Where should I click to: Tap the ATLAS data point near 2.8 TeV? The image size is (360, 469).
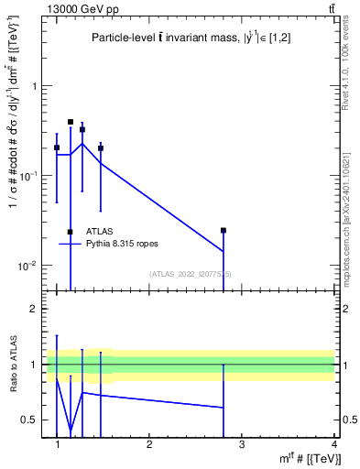pyautogui.click(x=224, y=231)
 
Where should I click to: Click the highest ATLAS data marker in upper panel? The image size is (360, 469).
pyautogui.click(x=71, y=122)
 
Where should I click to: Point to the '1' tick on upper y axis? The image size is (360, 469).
pyautogui.click(x=36, y=86)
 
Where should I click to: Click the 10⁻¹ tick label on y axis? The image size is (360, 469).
pyautogui.click(x=32, y=175)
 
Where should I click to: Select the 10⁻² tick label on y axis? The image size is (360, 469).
pyautogui.click(x=32, y=266)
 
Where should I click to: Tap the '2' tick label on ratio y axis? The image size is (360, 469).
pyautogui.click(x=36, y=309)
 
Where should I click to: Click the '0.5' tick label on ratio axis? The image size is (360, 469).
pyautogui.click(x=31, y=420)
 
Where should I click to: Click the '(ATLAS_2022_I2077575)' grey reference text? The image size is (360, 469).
pyautogui.click(x=191, y=274)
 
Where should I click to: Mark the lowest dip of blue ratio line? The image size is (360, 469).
pyautogui.click(x=71, y=429)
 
